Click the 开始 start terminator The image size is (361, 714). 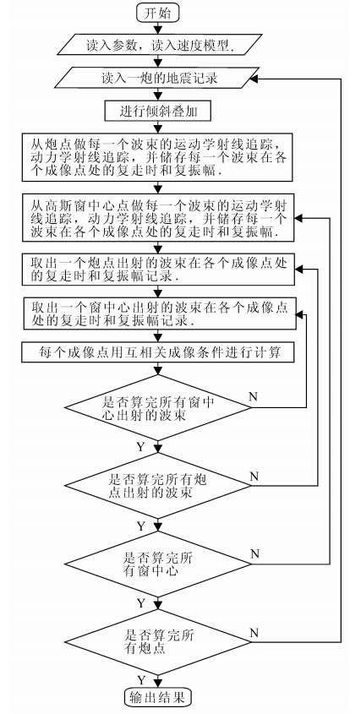158,13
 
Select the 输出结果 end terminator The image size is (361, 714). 158,696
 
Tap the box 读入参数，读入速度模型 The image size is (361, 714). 158,45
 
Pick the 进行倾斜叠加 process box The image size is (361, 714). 158,111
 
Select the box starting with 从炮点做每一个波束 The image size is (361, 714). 158,156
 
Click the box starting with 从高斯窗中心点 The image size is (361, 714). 158,218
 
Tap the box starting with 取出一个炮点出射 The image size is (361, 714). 158,270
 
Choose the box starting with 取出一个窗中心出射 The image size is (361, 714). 158,313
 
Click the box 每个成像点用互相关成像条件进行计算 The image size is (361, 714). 158,352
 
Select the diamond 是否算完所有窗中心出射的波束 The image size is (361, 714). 158,407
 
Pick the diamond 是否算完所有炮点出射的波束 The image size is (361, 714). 158,487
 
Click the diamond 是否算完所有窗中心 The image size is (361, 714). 158,564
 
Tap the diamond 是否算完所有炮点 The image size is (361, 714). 158,642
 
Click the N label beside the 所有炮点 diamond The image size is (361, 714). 254,633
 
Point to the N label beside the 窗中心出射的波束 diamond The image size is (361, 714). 253,396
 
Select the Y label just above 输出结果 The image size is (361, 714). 141,680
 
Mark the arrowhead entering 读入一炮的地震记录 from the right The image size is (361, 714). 254,79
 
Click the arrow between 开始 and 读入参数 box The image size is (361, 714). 158,27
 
